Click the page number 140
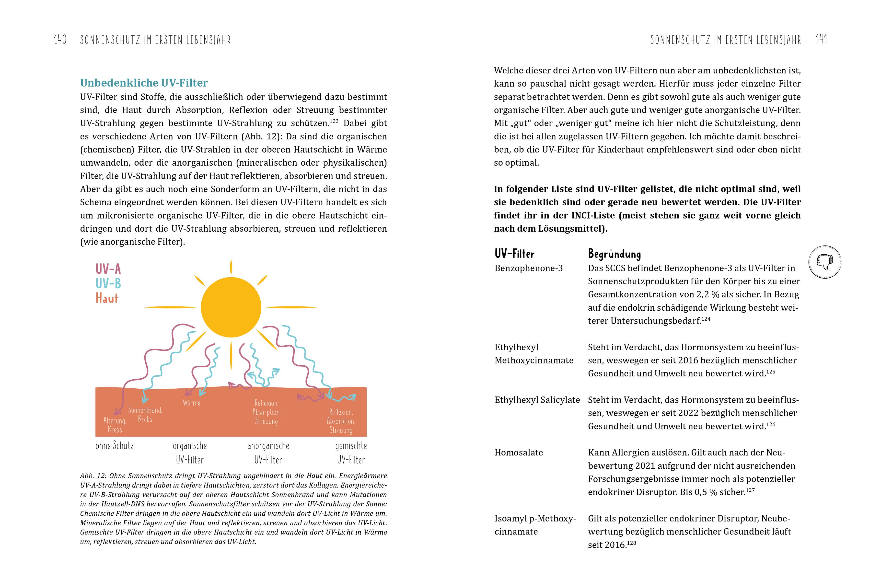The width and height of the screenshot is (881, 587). (x=60, y=40)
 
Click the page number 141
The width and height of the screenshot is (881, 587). (x=822, y=39)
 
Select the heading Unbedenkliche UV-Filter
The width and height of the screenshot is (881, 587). (x=144, y=83)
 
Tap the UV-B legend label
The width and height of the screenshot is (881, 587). (x=108, y=284)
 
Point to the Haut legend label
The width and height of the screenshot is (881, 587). (x=107, y=298)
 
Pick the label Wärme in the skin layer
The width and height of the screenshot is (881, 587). (x=191, y=403)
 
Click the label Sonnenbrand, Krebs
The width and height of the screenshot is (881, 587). (x=145, y=414)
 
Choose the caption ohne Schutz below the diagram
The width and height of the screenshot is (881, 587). (x=115, y=445)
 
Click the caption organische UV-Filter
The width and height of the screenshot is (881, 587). (x=190, y=453)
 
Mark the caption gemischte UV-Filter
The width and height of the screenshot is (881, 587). (x=351, y=453)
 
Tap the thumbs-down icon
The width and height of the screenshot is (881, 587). (x=824, y=262)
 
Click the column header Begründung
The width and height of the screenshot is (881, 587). (x=614, y=254)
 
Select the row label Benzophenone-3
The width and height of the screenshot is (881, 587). (x=529, y=268)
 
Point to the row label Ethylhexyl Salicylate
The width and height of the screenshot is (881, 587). (x=537, y=400)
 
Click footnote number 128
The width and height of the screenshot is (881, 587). (x=632, y=542)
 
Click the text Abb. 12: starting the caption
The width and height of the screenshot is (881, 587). (x=93, y=476)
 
